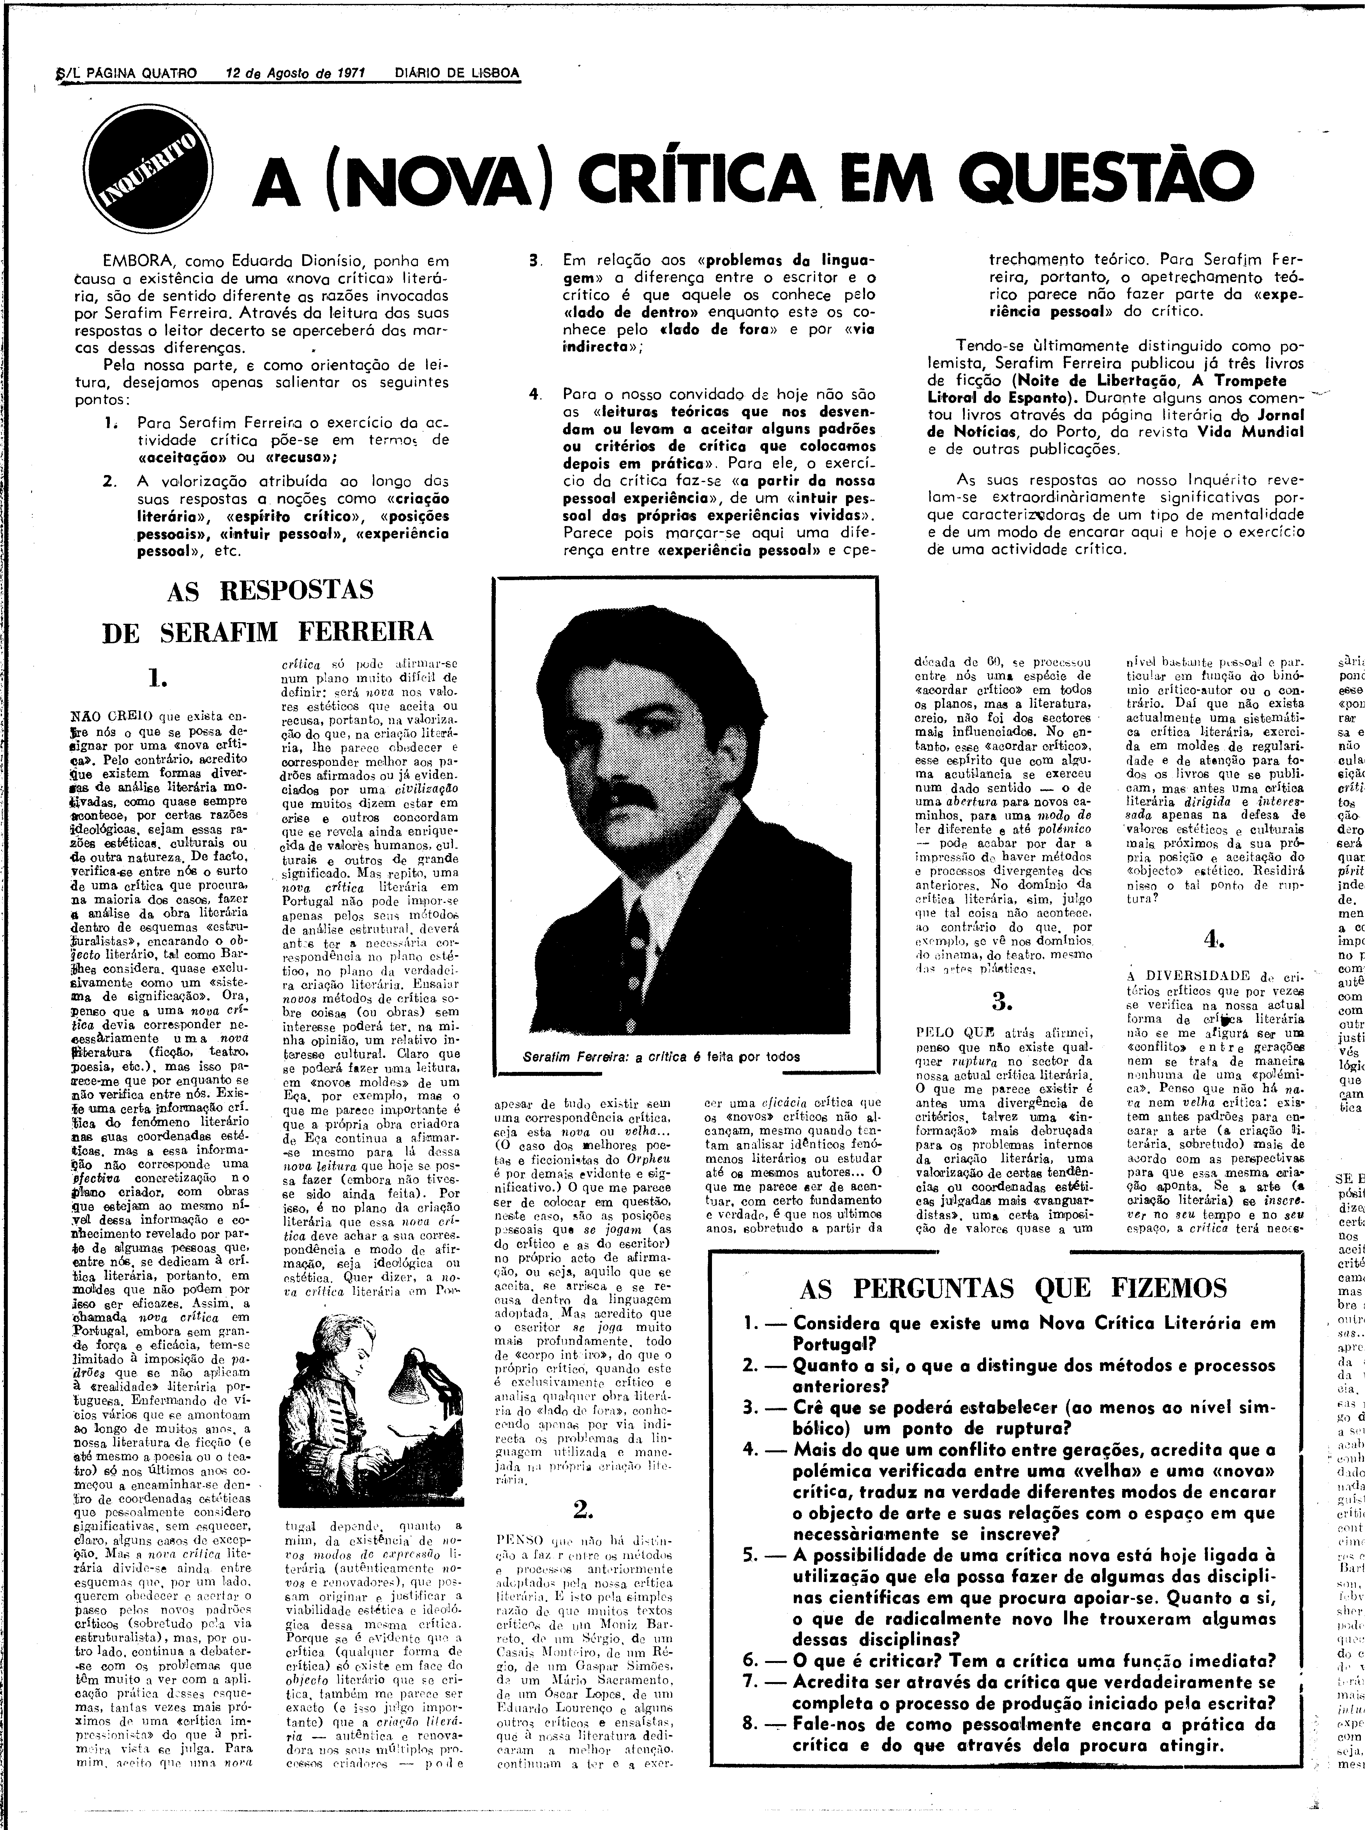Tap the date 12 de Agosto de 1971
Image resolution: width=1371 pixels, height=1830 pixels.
point(296,73)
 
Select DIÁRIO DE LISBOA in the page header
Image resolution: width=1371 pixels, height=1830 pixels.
point(457,73)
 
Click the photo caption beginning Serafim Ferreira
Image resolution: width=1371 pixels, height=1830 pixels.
point(660,1056)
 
